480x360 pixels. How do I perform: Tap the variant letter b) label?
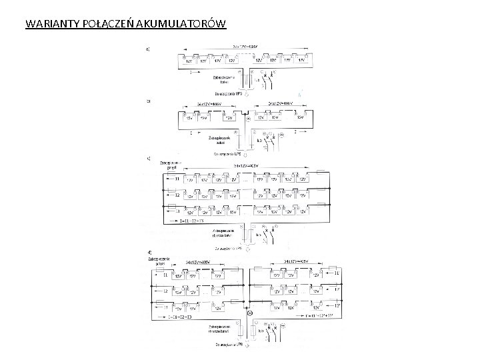(148, 102)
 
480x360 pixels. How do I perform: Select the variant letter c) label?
(148, 159)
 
